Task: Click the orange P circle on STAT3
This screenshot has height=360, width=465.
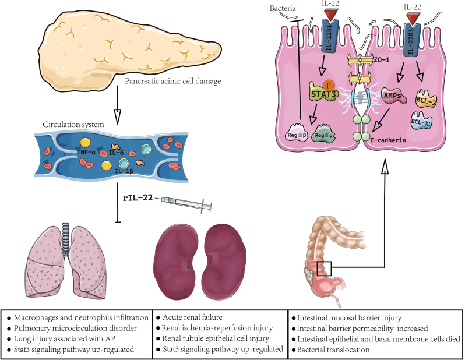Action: click(x=330, y=84)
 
